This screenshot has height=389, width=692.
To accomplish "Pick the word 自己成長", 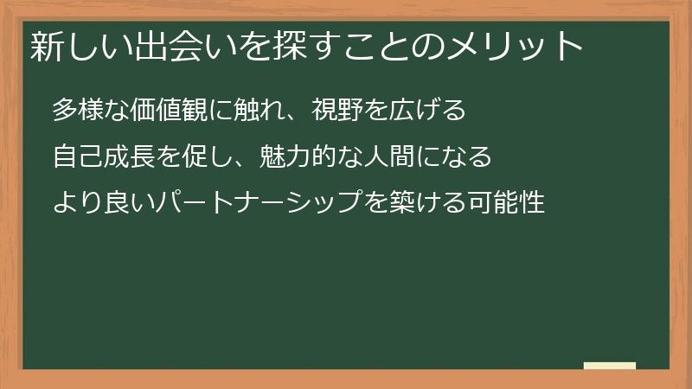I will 99,158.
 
